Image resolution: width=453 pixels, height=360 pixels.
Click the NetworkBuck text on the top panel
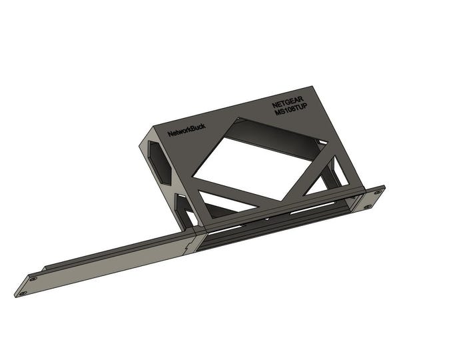(x=187, y=131)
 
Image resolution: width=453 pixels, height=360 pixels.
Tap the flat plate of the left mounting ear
(x=28, y=285)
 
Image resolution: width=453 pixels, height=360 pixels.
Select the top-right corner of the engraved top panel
(x=322, y=93)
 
